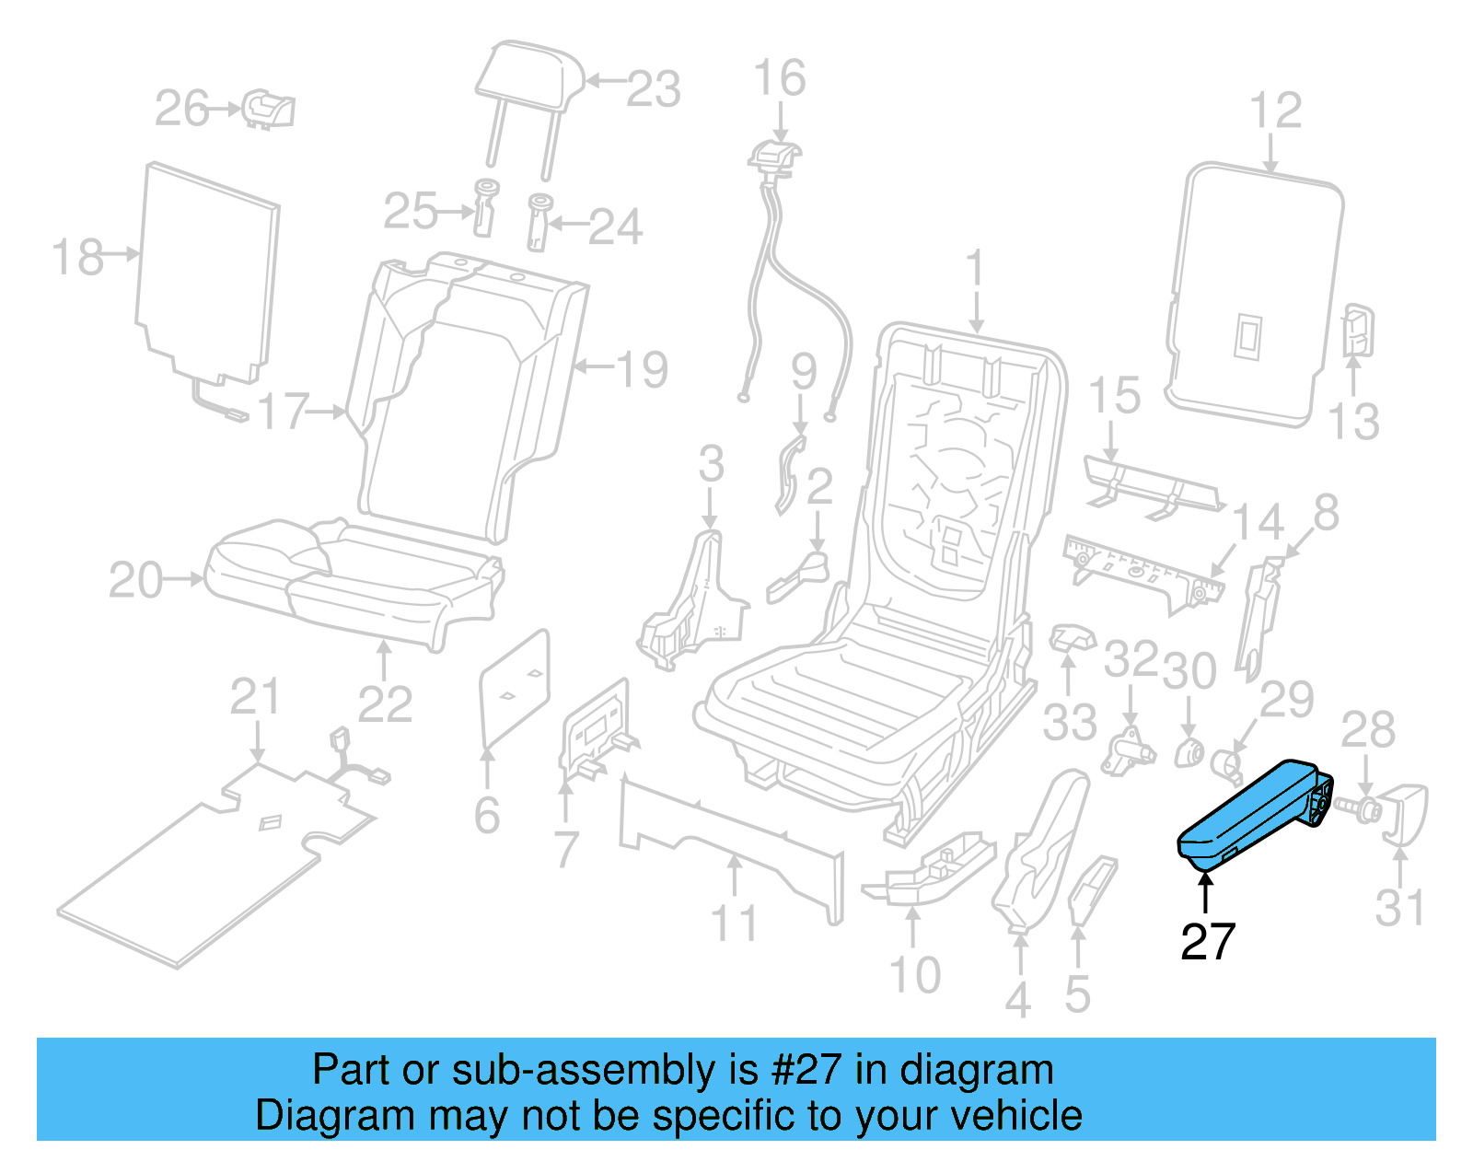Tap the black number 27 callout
[1207, 941]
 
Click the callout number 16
[779, 78]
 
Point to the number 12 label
[1275, 110]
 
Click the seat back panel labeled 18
[207, 272]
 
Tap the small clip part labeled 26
[268, 110]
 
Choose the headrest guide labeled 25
[485, 209]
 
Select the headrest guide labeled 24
[539, 221]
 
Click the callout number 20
[135, 580]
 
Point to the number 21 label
[254, 696]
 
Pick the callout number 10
[914, 974]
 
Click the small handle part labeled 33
[1072, 636]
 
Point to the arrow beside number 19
[593, 367]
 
